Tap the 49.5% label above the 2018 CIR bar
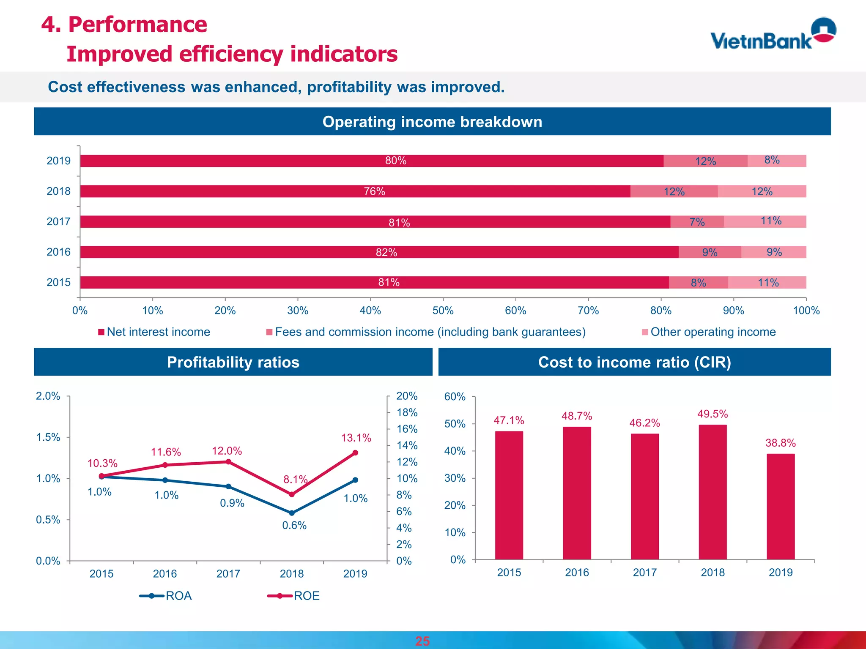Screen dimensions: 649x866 [x=713, y=414]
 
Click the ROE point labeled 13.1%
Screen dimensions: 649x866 [x=355, y=453]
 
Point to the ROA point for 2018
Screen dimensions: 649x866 [x=292, y=513]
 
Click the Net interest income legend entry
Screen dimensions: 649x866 [x=154, y=332]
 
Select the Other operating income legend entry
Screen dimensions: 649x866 [x=709, y=332]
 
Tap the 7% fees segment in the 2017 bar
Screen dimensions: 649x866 [x=697, y=222]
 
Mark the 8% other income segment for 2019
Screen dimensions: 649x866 [x=777, y=161]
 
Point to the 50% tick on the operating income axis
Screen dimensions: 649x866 [x=443, y=311]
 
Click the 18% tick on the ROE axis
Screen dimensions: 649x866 [x=407, y=412]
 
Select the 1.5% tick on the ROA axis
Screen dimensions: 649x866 [x=48, y=437]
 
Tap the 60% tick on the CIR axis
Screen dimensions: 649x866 [x=455, y=397]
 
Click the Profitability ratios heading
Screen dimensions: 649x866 [x=233, y=363]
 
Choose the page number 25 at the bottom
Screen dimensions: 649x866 [x=422, y=641]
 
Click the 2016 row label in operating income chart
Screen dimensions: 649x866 [x=58, y=252]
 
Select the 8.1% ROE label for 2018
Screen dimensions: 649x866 [x=295, y=480]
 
